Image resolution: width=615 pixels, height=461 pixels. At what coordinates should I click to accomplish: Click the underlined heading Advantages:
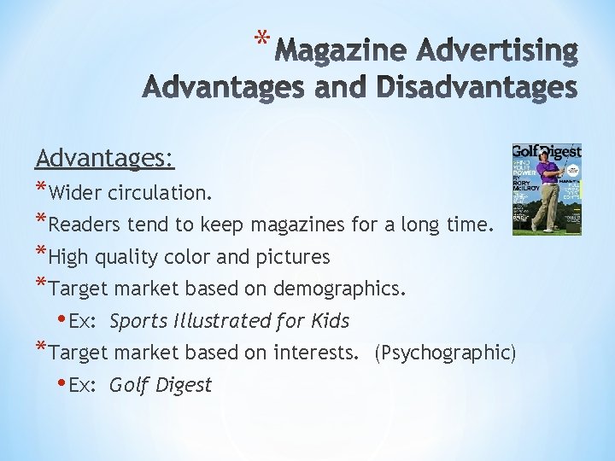click(105, 158)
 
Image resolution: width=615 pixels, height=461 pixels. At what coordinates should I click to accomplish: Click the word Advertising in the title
click(506, 52)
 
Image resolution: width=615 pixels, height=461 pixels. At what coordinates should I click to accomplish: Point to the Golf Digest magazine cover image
click(547, 189)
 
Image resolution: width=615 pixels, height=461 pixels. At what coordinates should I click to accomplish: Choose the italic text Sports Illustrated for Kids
click(229, 321)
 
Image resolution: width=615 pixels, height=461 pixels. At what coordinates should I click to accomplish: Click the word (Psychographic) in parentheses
click(445, 353)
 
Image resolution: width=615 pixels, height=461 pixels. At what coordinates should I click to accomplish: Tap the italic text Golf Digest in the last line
click(160, 385)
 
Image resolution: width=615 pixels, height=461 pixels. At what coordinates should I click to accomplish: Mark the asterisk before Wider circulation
click(42, 190)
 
